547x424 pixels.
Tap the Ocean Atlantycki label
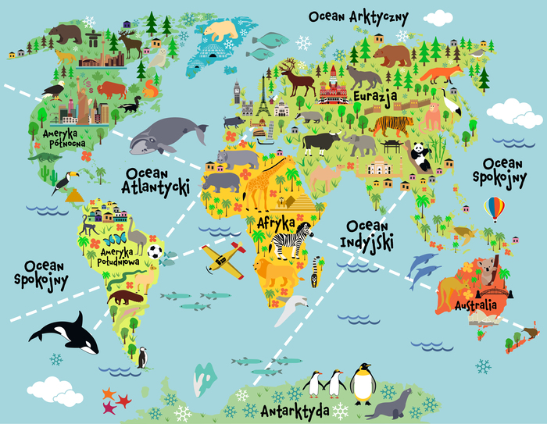coord(156,179)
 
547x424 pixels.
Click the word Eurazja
coord(376,95)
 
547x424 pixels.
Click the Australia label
coord(470,300)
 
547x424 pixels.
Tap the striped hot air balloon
coord(493,208)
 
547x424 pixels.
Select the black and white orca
coord(66,333)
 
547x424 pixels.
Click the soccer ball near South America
coord(156,252)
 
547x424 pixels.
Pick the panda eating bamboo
coord(421,155)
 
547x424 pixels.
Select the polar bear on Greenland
coord(221,31)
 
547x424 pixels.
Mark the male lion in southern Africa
coord(277,273)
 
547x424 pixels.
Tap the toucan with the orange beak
coord(63,180)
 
